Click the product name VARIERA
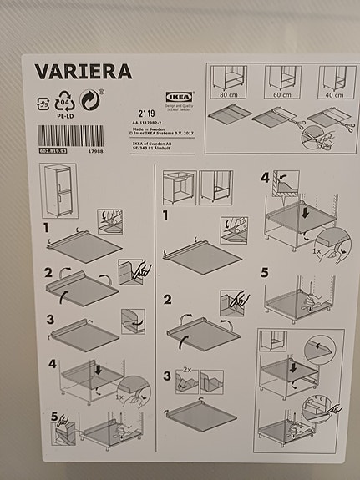pyautogui.click(x=83, y=71)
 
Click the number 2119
pyautogui.click(x=146, y=111)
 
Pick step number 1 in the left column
pyautogui.click(x=48, y=227)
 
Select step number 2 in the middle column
pyautogui.click(x=168, y=300)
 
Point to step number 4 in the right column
pyautogui.click(x=265, y=177)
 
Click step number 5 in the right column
pyautogui.click(x=265, y=271)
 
